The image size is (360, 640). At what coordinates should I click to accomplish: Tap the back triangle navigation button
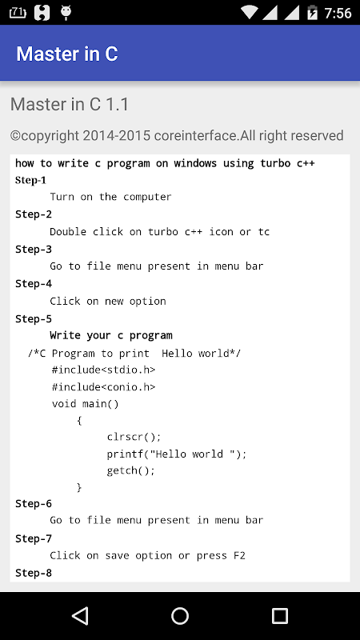click(81, 615)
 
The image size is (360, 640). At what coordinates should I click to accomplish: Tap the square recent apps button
click(279, 615)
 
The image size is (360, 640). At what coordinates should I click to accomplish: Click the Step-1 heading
click(30, 180)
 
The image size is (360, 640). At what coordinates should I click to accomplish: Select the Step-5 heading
click(34, 318)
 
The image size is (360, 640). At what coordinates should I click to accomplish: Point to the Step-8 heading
click(34, 573)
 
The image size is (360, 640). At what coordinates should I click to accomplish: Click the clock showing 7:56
click(338, 13)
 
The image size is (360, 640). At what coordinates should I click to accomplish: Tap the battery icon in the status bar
click(312, 12)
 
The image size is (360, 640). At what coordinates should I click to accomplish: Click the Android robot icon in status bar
click(66, 13)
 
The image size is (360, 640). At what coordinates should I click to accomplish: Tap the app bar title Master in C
click(67, 54)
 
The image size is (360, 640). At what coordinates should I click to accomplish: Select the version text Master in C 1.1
click(70, 104)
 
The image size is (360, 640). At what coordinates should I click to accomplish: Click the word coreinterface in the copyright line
click(194, 135)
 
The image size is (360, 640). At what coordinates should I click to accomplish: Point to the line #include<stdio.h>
click(104, 370)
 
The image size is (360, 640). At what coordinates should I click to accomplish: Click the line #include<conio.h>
click(104, 386)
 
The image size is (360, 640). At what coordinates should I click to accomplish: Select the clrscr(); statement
click(134, 437)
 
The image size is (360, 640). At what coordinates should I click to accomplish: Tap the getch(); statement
click(131, 470)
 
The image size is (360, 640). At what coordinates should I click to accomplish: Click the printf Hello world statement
click(177, 454)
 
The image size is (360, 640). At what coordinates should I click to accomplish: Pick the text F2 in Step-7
click(239, 555)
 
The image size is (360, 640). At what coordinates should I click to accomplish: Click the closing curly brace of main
click(79, 487)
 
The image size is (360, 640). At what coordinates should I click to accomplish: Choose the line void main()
click(86, 404)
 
